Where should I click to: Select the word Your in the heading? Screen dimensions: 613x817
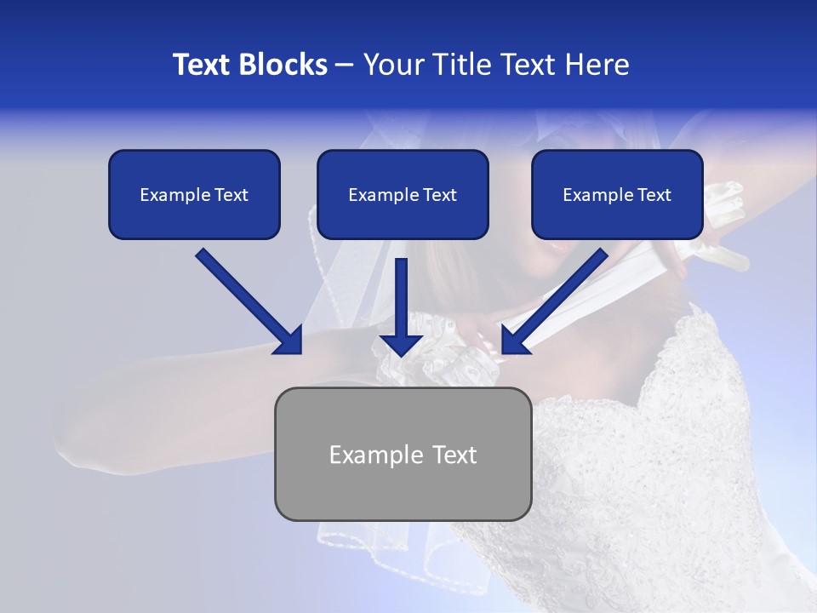pos(390,65)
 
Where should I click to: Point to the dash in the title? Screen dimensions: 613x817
pos(345,65)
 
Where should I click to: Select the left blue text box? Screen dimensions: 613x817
pos(194,194)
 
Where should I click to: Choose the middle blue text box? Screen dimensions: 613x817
pos(403,194)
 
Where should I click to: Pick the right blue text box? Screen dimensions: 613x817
pos(617,194)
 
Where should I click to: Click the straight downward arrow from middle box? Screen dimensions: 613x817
pos(402,306)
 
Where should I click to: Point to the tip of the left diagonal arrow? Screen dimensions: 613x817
pos(300,352)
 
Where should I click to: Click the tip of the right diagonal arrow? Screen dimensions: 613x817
pos(503,352)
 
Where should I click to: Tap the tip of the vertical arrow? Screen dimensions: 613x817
pos(402,354)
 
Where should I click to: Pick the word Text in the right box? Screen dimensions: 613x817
pos(654,195)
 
